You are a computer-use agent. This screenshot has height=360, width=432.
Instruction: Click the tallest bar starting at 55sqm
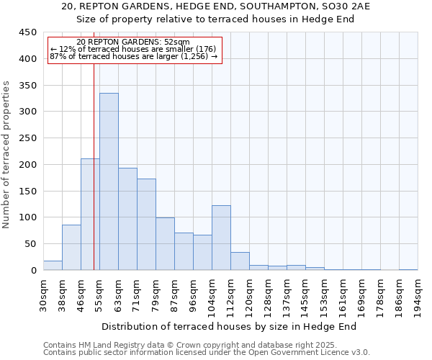[109, 181]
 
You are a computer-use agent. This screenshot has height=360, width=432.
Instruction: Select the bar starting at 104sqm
[221, 238]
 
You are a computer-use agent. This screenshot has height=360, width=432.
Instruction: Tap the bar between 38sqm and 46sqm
[71, 248]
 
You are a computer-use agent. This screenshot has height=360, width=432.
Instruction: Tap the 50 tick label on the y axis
[31, 244]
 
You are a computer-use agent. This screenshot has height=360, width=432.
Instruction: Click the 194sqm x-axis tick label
[418, 294]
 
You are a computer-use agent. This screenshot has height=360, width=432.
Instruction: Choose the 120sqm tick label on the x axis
[249, 294]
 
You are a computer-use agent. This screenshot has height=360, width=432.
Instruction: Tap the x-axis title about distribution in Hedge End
[229, 327]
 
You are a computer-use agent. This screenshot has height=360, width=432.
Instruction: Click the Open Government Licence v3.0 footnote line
[207, 353]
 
